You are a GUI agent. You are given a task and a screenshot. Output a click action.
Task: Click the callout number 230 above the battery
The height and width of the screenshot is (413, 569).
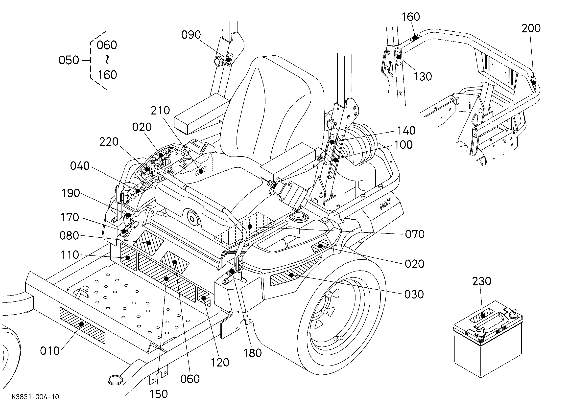tap(482, 281)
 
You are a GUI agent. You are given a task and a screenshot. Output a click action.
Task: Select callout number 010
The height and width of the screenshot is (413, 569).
tap(50, 351)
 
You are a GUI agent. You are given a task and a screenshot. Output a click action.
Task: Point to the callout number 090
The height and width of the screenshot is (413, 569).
tap(191, 35)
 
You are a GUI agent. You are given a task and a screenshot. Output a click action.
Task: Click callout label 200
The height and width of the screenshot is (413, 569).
tap(531, 28)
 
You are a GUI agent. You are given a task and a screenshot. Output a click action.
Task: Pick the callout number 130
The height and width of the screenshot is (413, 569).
tap(423, 76)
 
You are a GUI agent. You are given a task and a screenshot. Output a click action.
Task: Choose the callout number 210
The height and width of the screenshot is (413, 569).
tap(160, 110)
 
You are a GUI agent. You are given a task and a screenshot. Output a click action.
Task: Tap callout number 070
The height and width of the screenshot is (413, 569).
tap(415, 234)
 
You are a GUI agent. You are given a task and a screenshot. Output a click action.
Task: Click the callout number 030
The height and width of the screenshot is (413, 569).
tap(414, 294)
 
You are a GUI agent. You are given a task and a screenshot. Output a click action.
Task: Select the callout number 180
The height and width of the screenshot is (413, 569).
tap(253, 353)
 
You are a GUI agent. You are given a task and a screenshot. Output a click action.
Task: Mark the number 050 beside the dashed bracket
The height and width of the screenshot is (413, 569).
tap(69, 60)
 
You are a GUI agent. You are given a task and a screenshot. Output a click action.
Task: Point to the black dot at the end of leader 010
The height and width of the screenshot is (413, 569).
tap(81, 324)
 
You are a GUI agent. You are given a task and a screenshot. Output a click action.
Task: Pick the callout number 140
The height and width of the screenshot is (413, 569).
tap(406, 131)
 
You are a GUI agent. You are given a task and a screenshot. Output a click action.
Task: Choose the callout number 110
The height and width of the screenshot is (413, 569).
tap(70, 255)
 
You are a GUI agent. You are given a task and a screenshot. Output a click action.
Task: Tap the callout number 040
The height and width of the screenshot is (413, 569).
tap(80, 166)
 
